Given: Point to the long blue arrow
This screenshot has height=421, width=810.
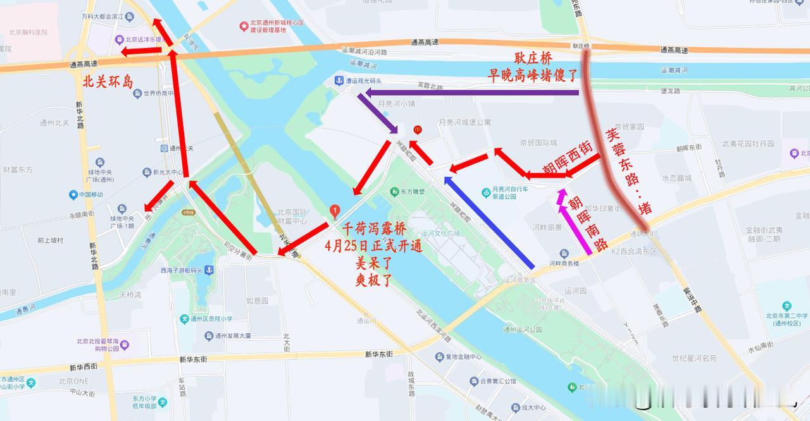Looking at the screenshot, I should (490, 223).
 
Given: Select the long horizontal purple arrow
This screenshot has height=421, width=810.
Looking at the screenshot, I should (468, 94).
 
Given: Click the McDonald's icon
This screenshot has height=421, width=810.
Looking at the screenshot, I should (417, 129).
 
